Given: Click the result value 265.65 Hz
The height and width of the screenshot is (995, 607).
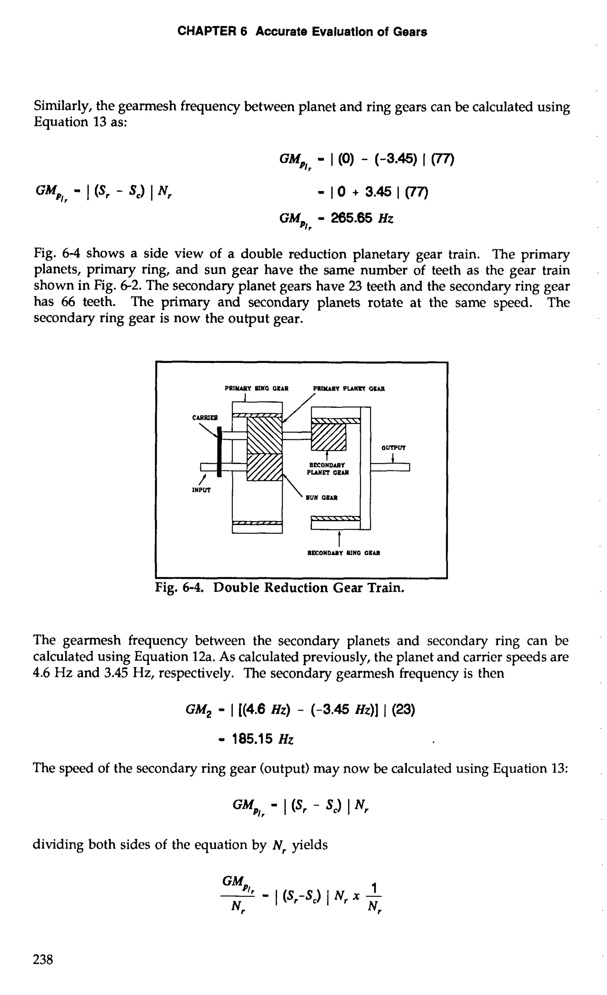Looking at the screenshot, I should click(x=362, y=218).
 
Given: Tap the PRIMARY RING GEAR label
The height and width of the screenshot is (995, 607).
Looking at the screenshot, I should click(x=256, y=389).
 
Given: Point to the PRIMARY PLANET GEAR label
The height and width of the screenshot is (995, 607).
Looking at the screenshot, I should click(x=349, y=389).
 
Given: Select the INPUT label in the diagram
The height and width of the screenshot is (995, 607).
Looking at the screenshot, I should click(x=201, y=490).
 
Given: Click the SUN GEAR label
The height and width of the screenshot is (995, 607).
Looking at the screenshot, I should click(x=322, y=498).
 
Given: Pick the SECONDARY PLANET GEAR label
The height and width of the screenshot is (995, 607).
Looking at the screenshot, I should click(x=328, y=468).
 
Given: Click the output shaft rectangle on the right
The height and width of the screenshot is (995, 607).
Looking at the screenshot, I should click(x=390, y=467).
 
